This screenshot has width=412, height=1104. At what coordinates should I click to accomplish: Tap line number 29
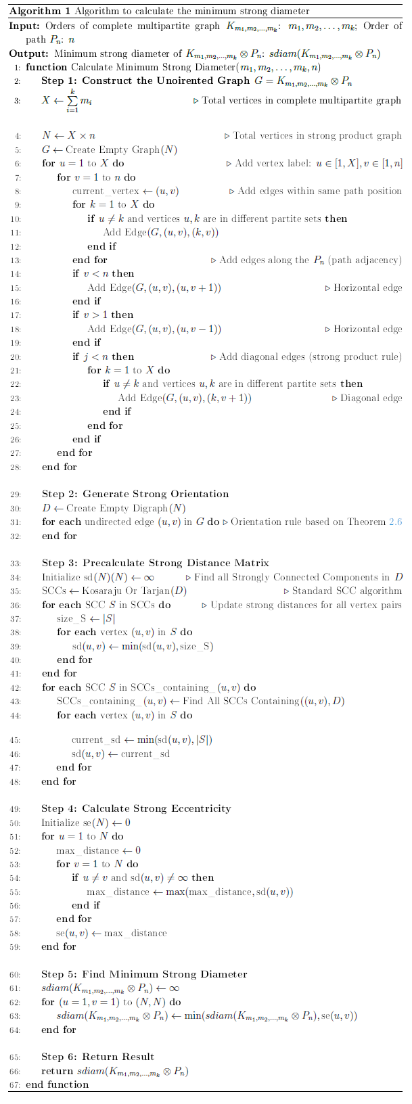[x=16, y=495]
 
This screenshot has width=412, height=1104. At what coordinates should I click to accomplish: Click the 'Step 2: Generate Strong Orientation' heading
[x=135, y=495]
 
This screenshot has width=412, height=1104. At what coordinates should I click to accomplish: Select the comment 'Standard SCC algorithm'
[x=346, y=591]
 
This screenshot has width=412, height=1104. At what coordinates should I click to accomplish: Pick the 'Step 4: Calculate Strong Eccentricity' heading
[x=136, y=808]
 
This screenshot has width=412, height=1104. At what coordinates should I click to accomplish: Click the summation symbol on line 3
[x=70, y=101]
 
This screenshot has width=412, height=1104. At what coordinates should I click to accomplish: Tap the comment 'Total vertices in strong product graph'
[x=317, y=135]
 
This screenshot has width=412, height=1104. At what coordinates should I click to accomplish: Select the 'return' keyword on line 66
[x=57, y=1071]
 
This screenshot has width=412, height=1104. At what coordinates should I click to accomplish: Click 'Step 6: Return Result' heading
[x=98, y=1057]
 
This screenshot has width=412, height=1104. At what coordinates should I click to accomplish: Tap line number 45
[x=16, y=739]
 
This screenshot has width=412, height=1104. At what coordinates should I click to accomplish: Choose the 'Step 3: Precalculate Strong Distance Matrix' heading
[x=155, y=563]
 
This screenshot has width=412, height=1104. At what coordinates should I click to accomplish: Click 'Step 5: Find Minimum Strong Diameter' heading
[x=144, y=974]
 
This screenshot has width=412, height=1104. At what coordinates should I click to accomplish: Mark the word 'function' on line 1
[x=47, y=67]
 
